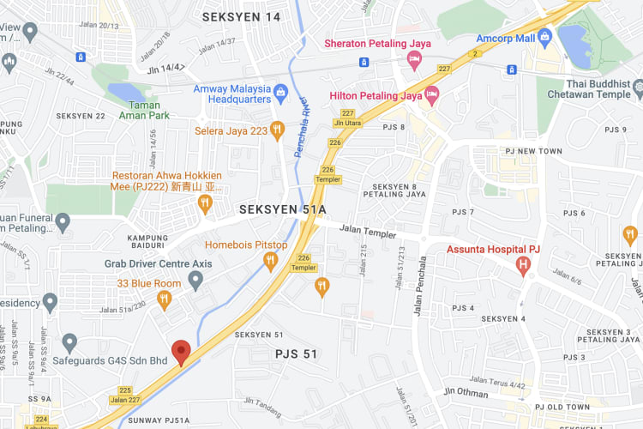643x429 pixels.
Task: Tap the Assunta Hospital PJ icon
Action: (x=523, y=266)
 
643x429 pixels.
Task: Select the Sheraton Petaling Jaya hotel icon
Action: (x=414, y=60)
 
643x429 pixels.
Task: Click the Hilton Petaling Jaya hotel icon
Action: (x=432, y=95)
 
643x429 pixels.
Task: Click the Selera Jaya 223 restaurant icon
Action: (x=276, y=129)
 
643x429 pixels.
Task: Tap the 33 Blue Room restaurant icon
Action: (x=165, y=299)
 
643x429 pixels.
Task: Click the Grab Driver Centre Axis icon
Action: (x=195, y=279)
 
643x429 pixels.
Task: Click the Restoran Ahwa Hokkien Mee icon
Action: (x=204, y=203)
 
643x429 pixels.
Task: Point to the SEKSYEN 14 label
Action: (x=241, y=16)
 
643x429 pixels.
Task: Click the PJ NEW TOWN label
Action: (x=532, y=151)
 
